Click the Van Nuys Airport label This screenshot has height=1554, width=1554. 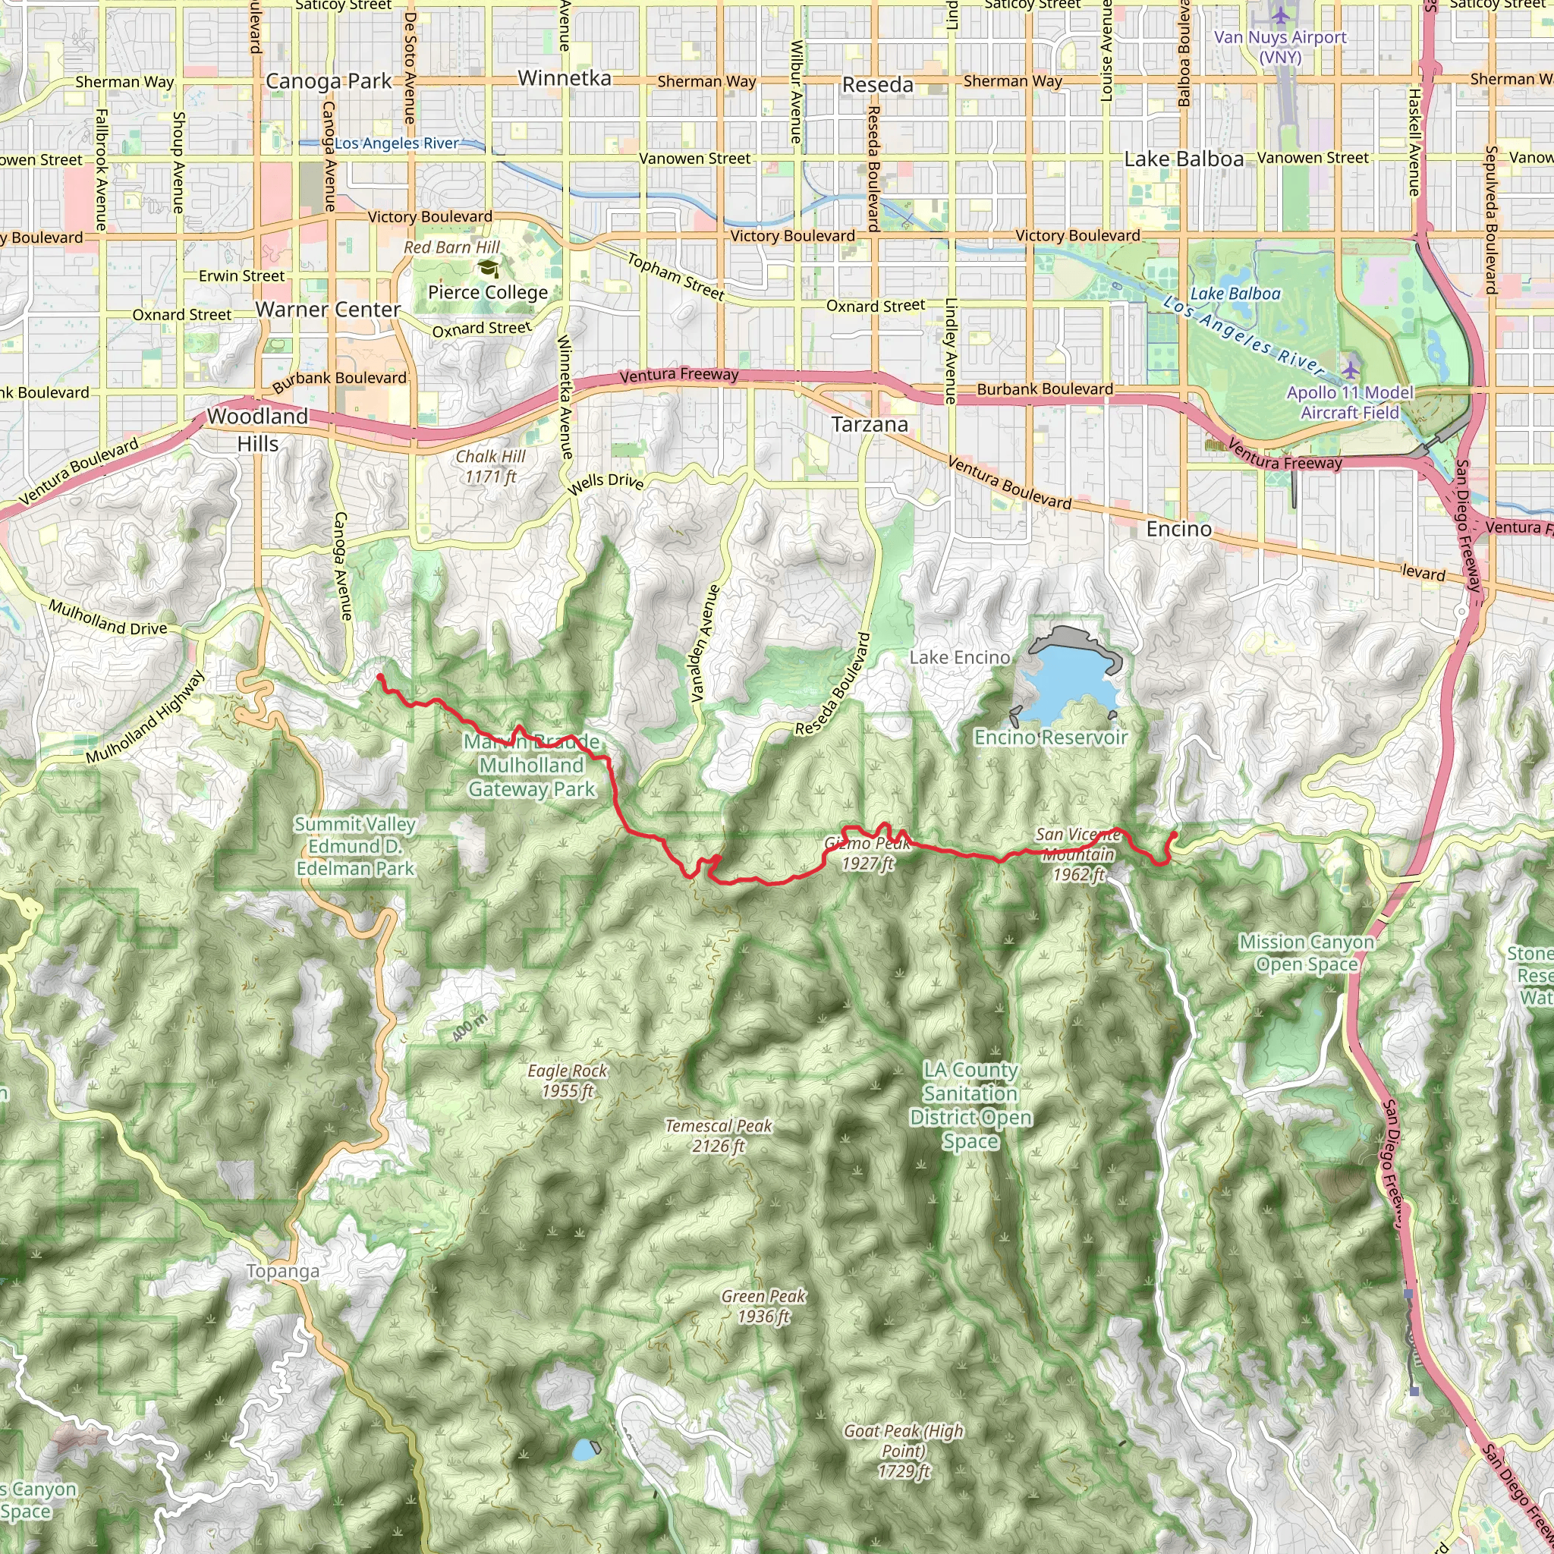1280,46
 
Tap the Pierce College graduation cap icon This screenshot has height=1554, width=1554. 487,268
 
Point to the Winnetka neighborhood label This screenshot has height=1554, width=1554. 565,78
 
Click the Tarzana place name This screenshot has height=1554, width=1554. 870,425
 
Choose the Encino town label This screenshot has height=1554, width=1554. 1178,528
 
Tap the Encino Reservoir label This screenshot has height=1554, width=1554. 1050,737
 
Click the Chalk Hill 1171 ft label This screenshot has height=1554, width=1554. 491,467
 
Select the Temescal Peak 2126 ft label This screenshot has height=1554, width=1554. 719,1135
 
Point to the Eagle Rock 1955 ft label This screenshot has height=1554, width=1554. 568,1081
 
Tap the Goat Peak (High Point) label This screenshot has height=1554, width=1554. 903,1450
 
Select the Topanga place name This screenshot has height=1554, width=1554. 282,1271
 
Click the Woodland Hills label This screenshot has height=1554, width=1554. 257,429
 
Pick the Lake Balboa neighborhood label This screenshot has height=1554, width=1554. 1184,159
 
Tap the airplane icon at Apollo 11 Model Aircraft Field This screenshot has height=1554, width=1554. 1351,370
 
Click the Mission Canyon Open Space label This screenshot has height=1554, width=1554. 1307,952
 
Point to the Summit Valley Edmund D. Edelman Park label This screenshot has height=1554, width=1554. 354,846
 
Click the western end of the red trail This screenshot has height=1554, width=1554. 379,678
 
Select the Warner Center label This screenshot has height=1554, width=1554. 327,310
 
